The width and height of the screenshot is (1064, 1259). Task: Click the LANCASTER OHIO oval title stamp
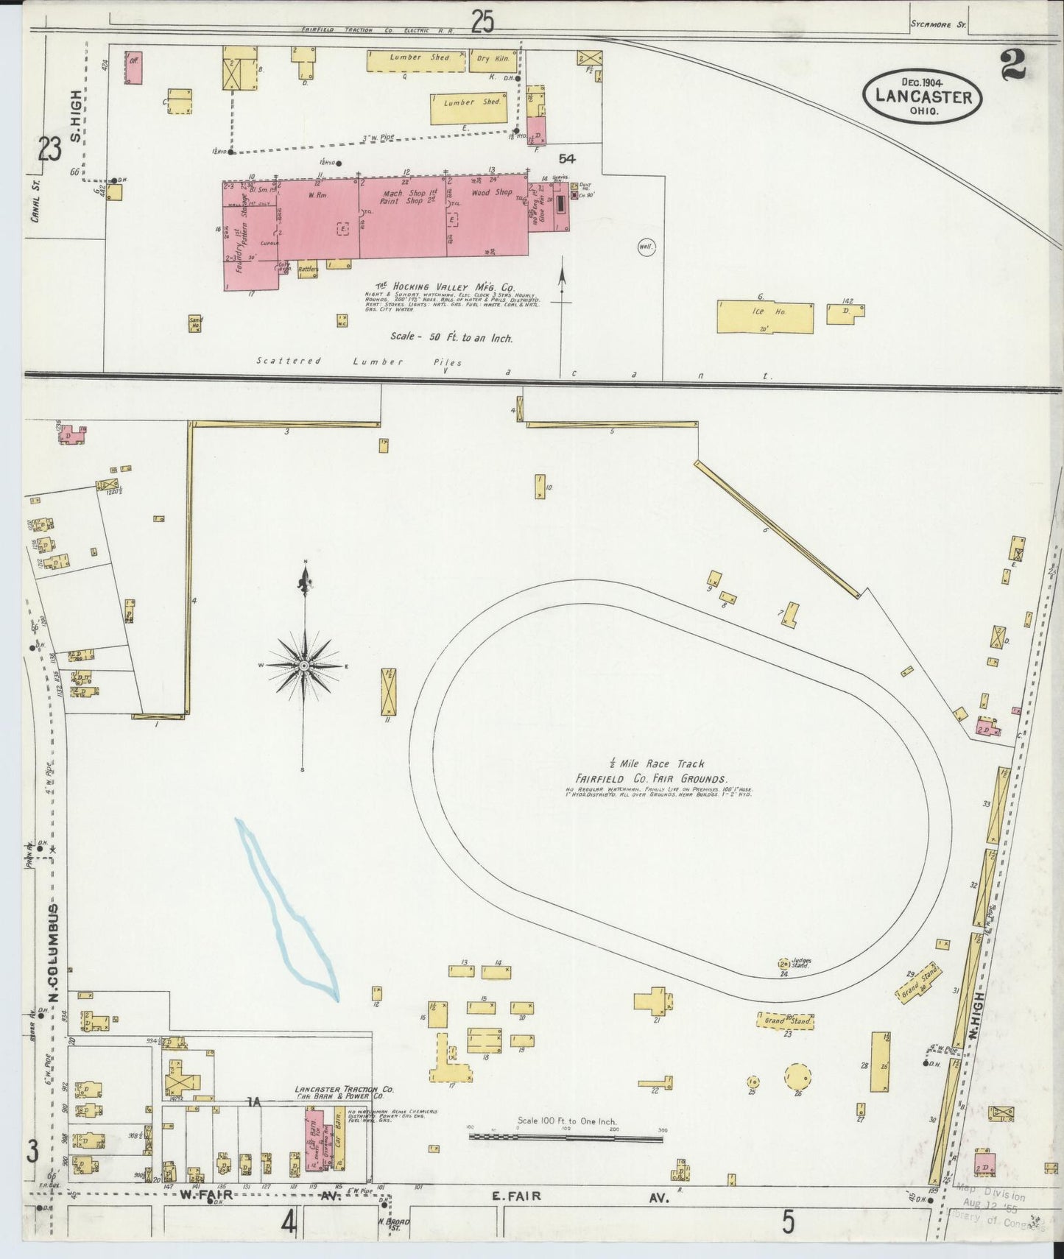(924, 96)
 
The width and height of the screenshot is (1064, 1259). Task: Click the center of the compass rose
(303, 666)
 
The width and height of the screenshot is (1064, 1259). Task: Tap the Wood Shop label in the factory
(492, 193)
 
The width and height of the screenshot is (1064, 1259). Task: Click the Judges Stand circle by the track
(784, 963)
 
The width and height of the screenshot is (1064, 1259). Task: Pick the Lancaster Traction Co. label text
(344, 1089)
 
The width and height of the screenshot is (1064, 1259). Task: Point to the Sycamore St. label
(946, 24)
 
